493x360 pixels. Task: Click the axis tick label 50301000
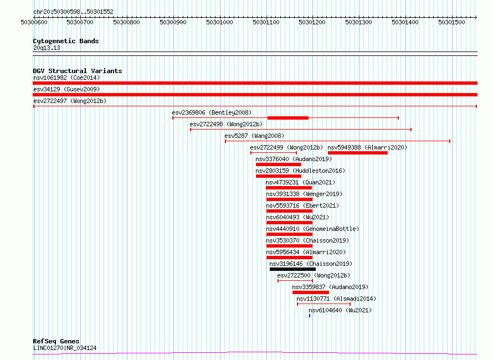point(219,22)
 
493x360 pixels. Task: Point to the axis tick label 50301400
point(405,22)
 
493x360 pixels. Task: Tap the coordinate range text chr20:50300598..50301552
point(73,12)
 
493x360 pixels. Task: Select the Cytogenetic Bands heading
point(66,41)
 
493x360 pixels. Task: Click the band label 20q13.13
point(47,48)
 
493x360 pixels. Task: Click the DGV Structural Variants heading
point(78,71)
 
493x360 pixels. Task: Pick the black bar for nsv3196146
point(292,269)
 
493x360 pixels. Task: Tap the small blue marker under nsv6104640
point(310,316)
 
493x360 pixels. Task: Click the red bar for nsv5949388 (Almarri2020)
point(358,153)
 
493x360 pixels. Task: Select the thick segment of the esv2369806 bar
point(288,118)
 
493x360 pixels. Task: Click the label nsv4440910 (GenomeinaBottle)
point(312,229)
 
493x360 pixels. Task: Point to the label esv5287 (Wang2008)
point(254,136)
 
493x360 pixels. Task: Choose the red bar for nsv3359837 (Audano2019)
point(311,292)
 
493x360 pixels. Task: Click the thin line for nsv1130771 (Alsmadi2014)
point(324,304)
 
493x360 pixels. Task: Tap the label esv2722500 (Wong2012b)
point(314,275)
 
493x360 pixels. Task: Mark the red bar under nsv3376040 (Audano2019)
point(279,164)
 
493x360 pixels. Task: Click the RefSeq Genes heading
point(56,342)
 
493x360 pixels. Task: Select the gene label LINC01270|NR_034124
point(65,348)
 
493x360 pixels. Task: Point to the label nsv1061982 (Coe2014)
point(66,78)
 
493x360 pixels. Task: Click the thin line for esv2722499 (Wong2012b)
point(274,153)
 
